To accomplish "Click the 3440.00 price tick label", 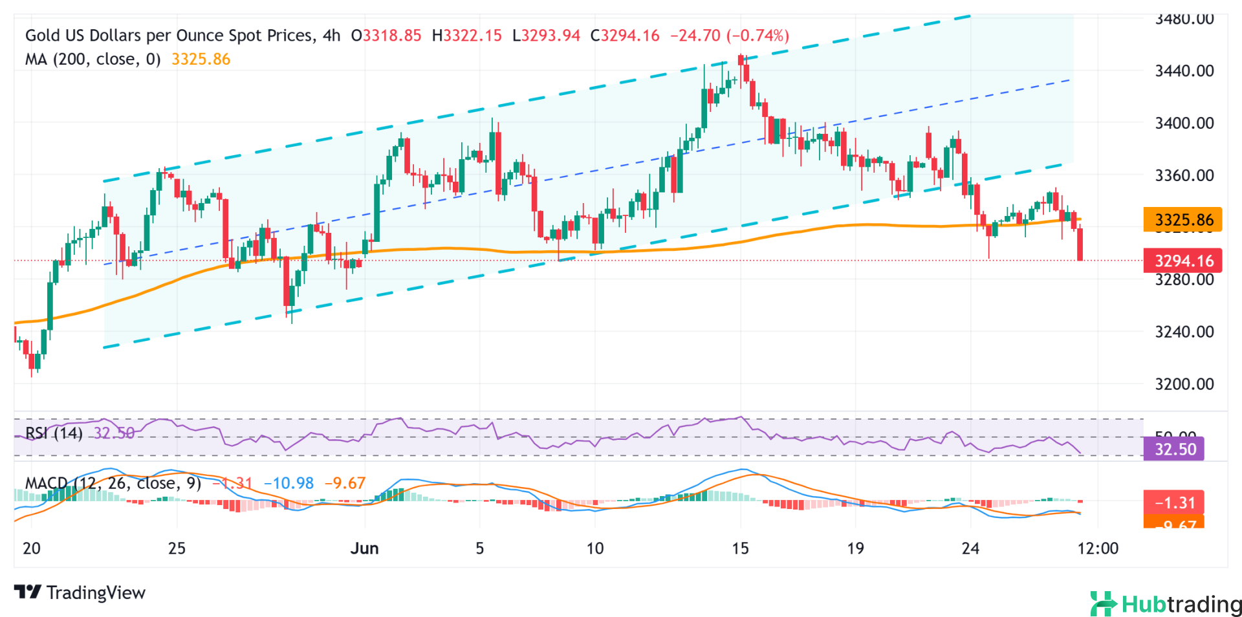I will [1184, 70].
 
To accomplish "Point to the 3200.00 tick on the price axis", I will [1184, 384].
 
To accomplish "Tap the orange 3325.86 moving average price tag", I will [1182, 220].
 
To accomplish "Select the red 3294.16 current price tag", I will [1182, 261].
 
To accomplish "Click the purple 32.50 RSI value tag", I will [1174, 449].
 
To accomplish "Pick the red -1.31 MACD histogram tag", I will [1174, 503].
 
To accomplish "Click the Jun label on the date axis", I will [364, 548].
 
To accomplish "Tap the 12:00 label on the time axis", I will [1098, 548].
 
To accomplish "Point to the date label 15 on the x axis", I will [740, 548].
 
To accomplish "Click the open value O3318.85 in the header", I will [386, 36].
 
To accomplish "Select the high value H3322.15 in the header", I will [466, 36].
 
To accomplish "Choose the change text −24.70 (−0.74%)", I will [730, 36].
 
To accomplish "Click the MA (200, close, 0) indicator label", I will [93, 60].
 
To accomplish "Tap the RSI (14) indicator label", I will [54, 433].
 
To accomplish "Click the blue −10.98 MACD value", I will [289, 483].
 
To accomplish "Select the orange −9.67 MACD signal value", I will [345, 483].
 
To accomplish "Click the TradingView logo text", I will [80, 592].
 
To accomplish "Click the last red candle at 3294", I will [1080, 244].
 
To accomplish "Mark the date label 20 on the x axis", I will [31, 548].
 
